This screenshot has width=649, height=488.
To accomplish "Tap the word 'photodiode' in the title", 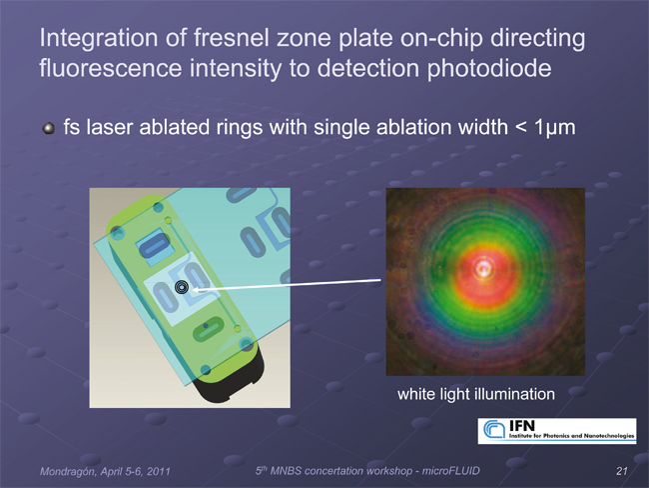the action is pyautogui.click(x=489, y=68).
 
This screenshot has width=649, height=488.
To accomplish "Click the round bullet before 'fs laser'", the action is pyautogui.click(x=49, y=128).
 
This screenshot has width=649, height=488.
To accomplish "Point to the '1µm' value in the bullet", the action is pyautogui.click(x=554, y=127).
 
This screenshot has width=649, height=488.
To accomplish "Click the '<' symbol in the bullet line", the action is pyautogui.click(x=520, y=127).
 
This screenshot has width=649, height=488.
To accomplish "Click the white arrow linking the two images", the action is pyautogui.click(x=287, y=285).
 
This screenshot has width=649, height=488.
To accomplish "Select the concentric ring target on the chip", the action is pyautogui.click(x=182, y=287).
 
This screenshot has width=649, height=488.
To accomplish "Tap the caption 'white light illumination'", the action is pyautogui.click(x=476, y=394).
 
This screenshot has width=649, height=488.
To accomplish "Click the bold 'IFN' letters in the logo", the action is pyautogui.click(x=522, y=426).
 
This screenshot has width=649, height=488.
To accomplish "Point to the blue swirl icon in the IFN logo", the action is pyautogui.click(x=494, y=429).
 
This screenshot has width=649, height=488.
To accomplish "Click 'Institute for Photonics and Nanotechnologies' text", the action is pyautogui.click(x=571, y=436).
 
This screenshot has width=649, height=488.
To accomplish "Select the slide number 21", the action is pyautogui.click(x=622, y=471).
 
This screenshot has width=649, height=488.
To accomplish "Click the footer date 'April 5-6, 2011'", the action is pyautogui.click(x=136, y=471).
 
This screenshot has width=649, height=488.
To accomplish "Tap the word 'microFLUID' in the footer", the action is pyautogui.click(x=450, y=471).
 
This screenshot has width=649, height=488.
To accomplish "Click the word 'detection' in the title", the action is pyautogui.click(x=367, y=68).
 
